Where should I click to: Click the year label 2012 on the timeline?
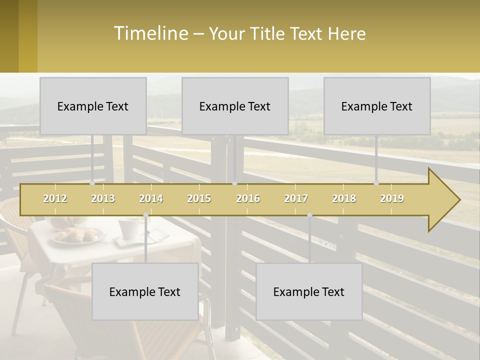tap(55, 198)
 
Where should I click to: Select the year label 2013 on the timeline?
tap(103, 198)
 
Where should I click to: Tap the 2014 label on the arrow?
tap(151, 198)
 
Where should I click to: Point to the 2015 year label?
tap(199, 198)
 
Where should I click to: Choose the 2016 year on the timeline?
tap(248, 198)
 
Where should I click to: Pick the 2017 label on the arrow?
tap(296, 198)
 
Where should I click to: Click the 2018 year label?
tap(344, 198)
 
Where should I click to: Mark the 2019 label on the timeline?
tap(392, 198)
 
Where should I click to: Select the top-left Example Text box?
tap(93, 106)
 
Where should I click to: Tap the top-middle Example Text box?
tap(235, 106)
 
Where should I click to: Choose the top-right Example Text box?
tap(377, 106)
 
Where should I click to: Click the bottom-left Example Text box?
tap(145, 291)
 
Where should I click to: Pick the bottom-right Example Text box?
tap(309, 291)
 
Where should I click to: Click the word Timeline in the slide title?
tap(150, 33)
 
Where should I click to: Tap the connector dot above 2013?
tap(92, 183)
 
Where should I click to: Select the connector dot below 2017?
tap(309, 215)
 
